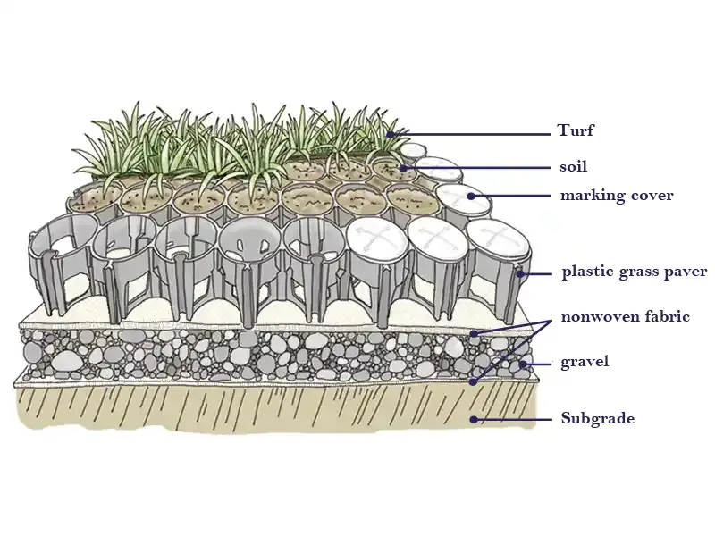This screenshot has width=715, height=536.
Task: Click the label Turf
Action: [576, 131]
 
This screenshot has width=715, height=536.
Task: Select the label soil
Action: [574, 166]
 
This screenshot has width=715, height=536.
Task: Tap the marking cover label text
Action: [617, 195]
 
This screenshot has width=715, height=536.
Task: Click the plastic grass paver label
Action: [634, 272]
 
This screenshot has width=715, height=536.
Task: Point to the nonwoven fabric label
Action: [625, 316]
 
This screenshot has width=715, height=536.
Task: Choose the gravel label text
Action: [585, 362]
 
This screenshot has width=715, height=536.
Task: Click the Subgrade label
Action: [597, 418]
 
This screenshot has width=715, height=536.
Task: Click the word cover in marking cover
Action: [651, 195]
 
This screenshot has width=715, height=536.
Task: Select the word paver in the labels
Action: [685, 272]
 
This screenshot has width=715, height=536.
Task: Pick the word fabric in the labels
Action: [667, 316]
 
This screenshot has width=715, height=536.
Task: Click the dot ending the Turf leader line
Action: [390, 134]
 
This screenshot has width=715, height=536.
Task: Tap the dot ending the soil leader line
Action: [404, 167]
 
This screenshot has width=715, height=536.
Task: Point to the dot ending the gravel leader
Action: [522, 364]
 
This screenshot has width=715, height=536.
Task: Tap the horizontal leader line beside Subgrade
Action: [515, 418]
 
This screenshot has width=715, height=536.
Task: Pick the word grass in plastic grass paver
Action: [635, 272]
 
